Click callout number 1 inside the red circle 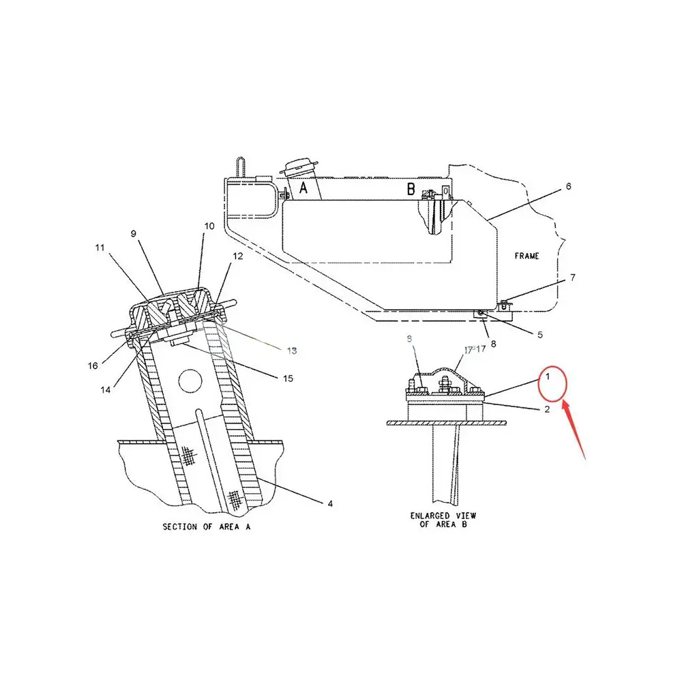tap(546, 376)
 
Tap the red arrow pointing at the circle tap(574, 430)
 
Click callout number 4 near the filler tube tap(330, 504)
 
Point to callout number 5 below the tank tap(540, 334)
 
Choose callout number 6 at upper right tap(568, 186)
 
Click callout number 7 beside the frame tap(572, 278)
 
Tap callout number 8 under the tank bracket tap(493, 344)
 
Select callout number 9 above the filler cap tap(134, 233)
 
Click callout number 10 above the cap tap(209, 226)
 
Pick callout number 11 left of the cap tap(100, 248)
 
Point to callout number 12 tap(238, 256)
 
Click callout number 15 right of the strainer tap(288, 378)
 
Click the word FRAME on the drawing tap(527, 256)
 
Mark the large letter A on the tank tap(304, 190)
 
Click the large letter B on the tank tap(411, 190)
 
